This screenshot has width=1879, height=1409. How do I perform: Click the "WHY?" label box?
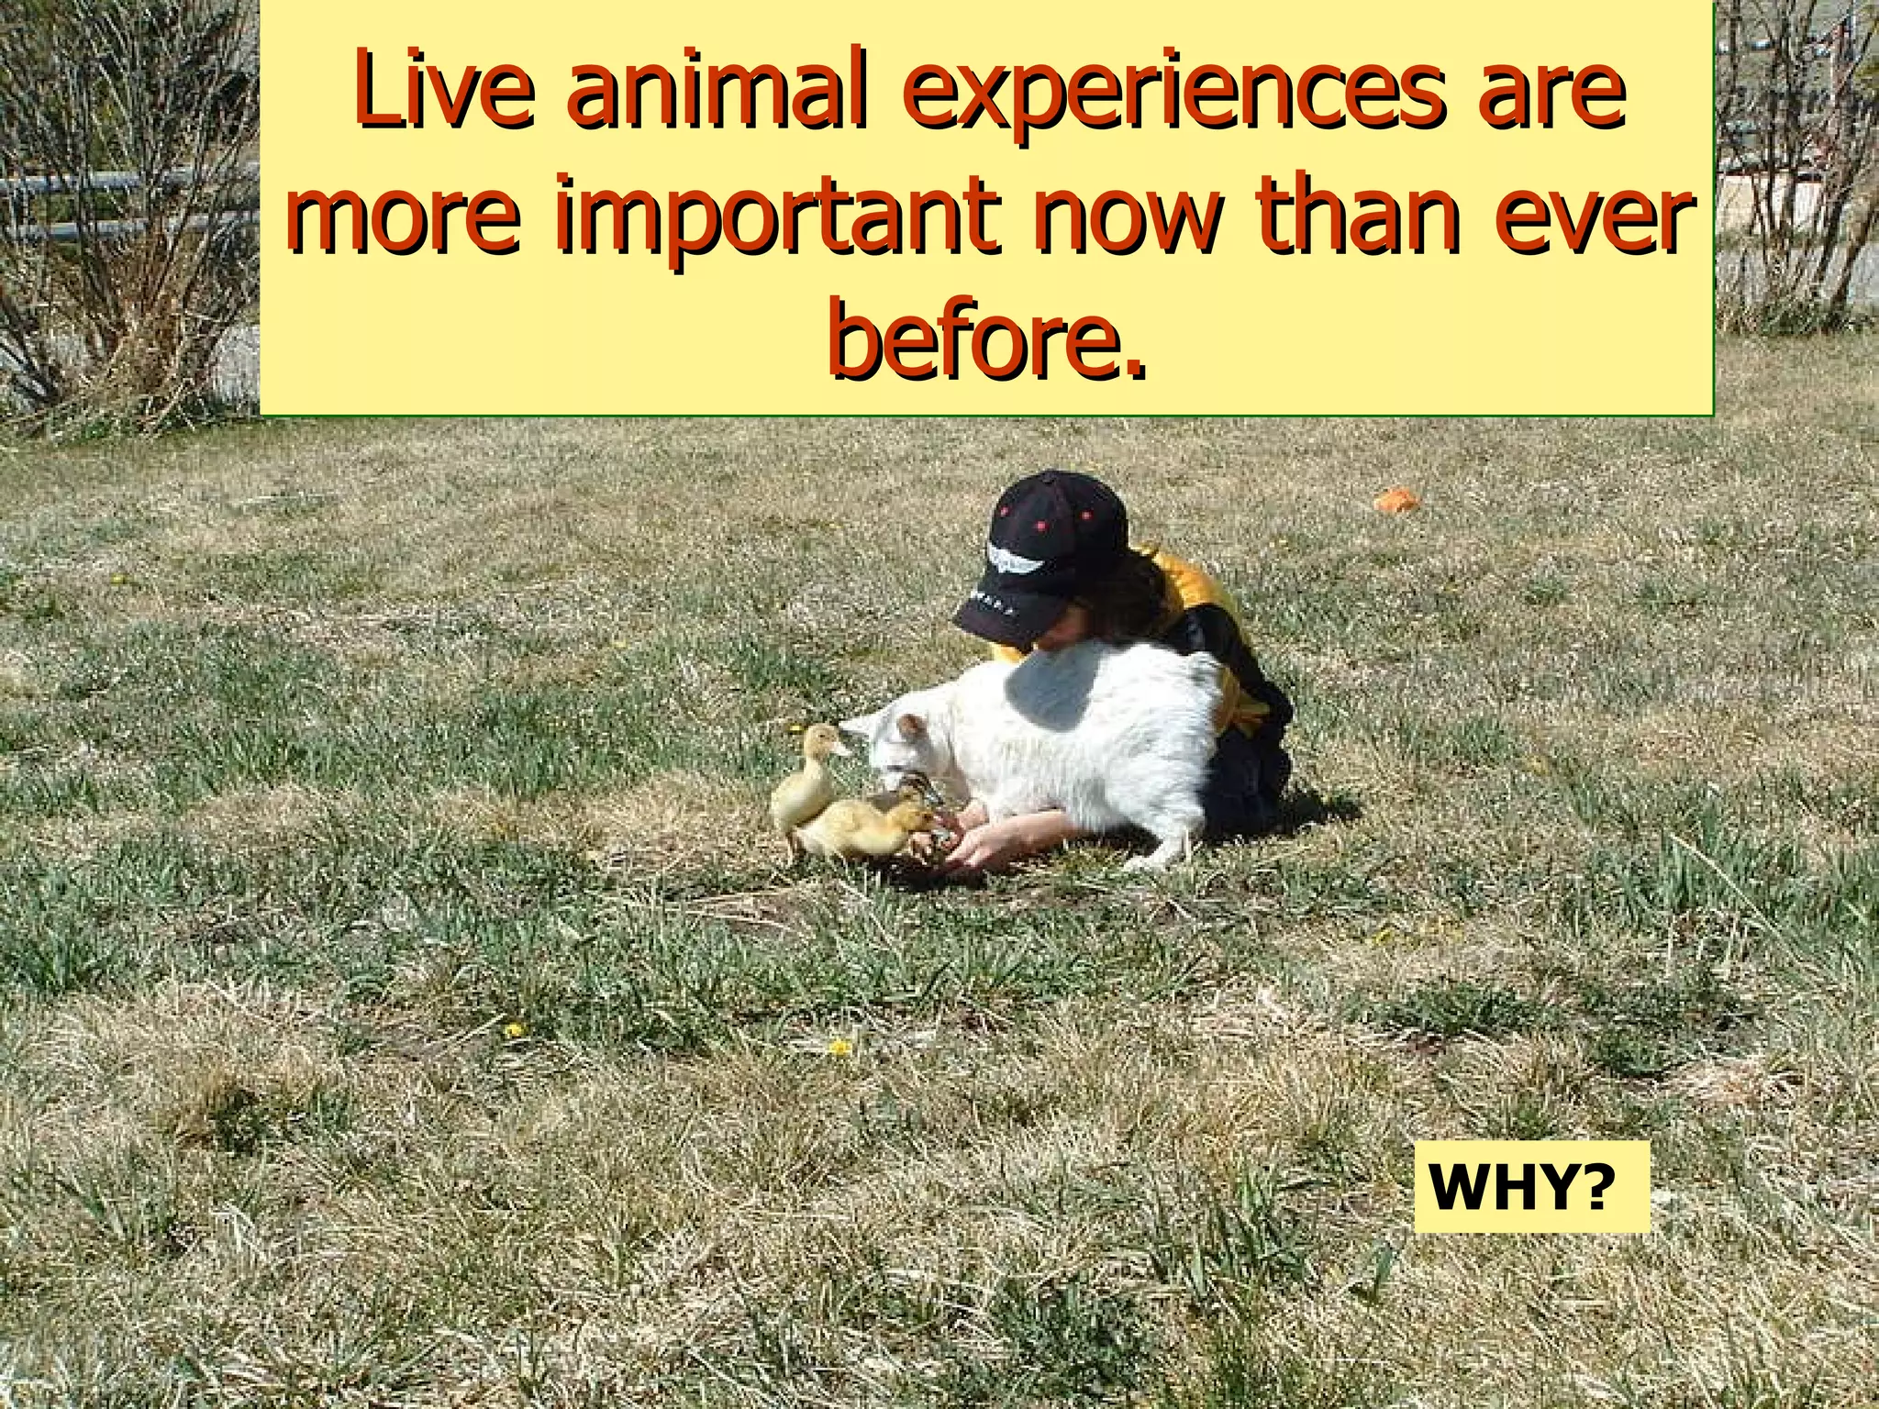tap(1531, 1187)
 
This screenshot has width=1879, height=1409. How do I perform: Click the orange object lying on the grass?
tap(1395, 499)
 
